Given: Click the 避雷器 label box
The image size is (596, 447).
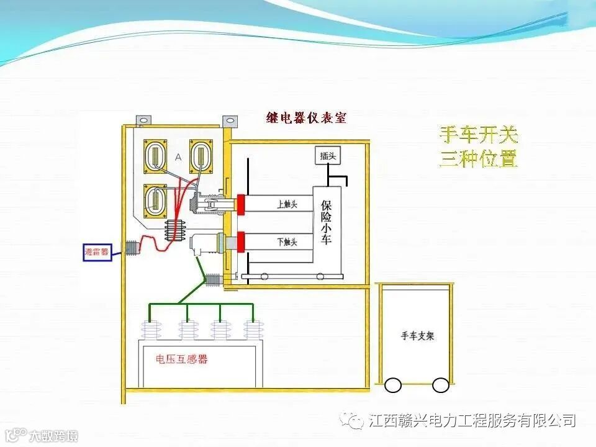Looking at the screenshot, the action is (97, 253).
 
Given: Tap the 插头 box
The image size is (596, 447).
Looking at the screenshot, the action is (328, 156).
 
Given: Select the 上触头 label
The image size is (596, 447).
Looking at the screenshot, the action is (286, 203).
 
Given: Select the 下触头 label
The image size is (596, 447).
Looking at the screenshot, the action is (286, 242).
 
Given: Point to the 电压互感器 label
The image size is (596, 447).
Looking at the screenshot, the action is (182, 359).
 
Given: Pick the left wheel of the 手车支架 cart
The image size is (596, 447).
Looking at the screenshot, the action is (393, 385).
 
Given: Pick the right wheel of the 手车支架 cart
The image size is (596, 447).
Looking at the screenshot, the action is (441, 385).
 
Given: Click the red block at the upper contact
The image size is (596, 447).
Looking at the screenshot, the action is (240, 203).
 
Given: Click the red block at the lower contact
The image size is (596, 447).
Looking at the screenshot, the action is (240, 241).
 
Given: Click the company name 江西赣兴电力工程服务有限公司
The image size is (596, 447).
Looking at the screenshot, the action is (472, 421).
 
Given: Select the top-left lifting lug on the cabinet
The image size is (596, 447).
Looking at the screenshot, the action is (144, 117).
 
